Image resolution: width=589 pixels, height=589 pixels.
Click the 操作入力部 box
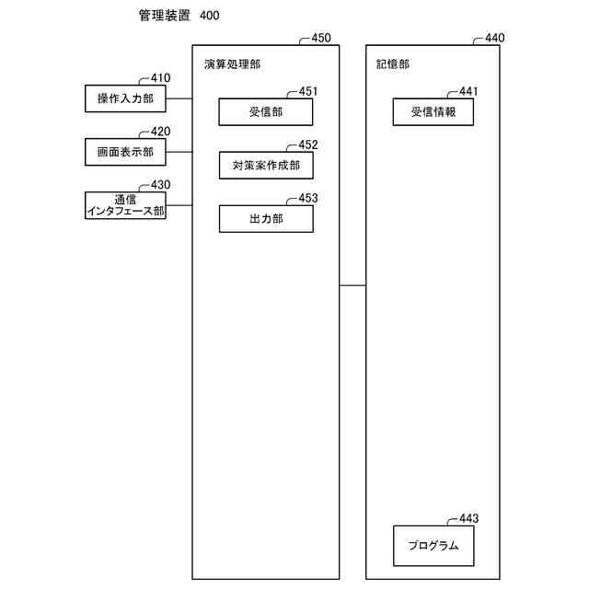coord(125,98)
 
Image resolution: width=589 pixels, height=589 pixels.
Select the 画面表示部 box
coord(125,151)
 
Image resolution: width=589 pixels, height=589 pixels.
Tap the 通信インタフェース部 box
coord(125,205)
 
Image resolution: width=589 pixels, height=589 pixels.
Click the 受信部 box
coord(266,112)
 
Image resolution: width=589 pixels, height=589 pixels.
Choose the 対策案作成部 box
coord(266,166)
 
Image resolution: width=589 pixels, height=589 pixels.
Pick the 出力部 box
coord(266,219)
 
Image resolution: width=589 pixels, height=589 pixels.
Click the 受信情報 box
coord(433,112)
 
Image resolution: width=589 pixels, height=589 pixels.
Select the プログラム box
coord(433,546)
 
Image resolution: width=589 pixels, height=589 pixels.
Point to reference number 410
coord(161,78)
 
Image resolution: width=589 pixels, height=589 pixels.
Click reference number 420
coord(161,131)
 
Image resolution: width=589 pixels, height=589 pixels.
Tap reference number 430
coord(161,184)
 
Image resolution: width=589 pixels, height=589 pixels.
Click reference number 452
coord(308,144)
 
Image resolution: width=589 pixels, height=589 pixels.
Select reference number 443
coord(468,518)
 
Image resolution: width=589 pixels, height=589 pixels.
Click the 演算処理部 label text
coord(232,64)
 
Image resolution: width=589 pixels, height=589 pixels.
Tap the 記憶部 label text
coord(393,64)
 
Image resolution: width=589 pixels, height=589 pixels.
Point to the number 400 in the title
coord(208,17)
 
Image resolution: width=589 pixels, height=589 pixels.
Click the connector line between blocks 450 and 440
coord(352,286)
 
